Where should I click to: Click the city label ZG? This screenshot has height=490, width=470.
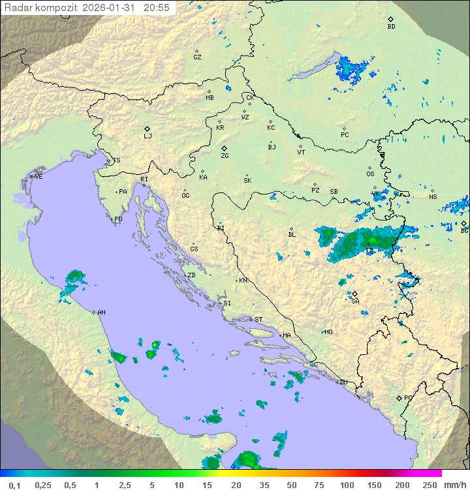click(225, 156)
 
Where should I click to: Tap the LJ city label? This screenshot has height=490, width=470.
click(148, 136)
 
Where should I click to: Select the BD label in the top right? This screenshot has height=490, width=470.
click(391, 27)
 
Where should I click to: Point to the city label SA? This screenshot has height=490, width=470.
click(355, 301)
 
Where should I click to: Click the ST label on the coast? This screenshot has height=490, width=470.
click(258, 320)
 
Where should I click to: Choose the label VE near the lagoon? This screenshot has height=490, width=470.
click(39, 177)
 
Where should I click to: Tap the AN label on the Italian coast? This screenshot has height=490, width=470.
click(101, 313)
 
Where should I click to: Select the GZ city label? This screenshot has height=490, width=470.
click(197, 57)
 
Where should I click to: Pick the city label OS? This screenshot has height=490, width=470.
click(370, 174)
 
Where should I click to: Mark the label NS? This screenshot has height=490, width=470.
click(433, 196)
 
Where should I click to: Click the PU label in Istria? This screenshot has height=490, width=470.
click(118, 219)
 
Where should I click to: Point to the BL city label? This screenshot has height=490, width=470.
click(292, 234)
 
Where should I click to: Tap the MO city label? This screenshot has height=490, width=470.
click(328, 331)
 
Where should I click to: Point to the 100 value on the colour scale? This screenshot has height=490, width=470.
click(347, 485)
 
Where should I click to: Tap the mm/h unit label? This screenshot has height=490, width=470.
click(452, 485)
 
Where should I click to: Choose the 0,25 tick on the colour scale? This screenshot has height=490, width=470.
click(43, 485)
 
